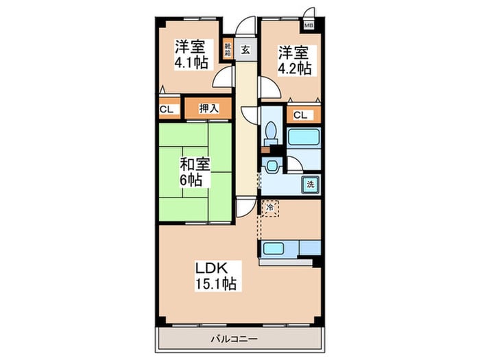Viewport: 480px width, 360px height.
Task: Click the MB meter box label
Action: (309, 26)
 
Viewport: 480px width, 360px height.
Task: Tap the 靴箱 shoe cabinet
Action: (228, 49)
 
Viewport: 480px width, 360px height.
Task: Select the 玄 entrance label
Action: (245, 49)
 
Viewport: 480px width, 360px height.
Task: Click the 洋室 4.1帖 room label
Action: (191, 54)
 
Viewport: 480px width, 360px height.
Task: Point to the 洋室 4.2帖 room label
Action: (294, 60)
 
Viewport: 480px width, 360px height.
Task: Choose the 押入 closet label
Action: (208, 108)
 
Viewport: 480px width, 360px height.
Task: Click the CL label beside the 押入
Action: (167, 109)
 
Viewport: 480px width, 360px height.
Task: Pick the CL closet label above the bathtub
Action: (300, 115)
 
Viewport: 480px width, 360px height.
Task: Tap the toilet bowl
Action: (272, 133)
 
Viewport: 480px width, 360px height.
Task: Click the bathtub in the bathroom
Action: (304, 137)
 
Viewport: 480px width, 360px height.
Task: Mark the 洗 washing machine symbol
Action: (311, 184)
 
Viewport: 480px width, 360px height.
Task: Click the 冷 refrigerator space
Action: (269, 208)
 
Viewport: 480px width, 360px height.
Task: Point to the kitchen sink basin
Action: (273, 248)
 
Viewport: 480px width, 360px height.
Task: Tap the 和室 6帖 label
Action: (195, 171)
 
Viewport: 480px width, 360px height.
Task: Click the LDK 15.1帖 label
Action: (216, 276)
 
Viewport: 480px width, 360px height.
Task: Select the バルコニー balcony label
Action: (235, 339)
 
